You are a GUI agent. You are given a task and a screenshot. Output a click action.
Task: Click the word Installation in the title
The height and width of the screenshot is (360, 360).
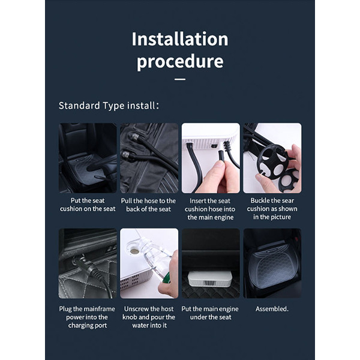180,39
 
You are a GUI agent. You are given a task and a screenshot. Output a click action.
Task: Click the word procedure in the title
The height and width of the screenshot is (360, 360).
180,62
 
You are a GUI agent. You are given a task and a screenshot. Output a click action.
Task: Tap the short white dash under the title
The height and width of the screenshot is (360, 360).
180,79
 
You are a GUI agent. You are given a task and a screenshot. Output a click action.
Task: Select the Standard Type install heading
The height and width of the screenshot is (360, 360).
109,106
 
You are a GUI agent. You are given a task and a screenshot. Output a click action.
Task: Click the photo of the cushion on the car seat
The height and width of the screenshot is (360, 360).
88,158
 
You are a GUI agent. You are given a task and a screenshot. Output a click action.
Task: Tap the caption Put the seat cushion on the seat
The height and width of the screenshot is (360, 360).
88,205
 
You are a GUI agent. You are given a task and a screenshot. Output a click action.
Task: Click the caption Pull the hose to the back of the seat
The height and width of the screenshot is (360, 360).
149,205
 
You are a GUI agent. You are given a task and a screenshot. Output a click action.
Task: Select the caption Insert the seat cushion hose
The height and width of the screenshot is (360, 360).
211,209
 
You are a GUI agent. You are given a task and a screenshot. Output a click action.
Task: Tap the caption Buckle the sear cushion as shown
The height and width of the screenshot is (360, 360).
272,209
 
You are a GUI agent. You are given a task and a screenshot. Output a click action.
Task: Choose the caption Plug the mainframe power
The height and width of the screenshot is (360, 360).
87,317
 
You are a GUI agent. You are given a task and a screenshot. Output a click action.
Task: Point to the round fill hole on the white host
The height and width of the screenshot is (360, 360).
134,251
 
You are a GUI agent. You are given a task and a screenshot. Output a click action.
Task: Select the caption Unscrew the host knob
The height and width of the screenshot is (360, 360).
149,317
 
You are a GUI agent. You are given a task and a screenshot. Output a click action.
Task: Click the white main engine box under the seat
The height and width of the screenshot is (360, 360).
210,278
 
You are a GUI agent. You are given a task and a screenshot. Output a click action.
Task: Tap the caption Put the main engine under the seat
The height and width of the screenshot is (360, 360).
210,313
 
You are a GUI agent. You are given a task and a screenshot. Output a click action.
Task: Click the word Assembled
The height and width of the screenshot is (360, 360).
272,309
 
